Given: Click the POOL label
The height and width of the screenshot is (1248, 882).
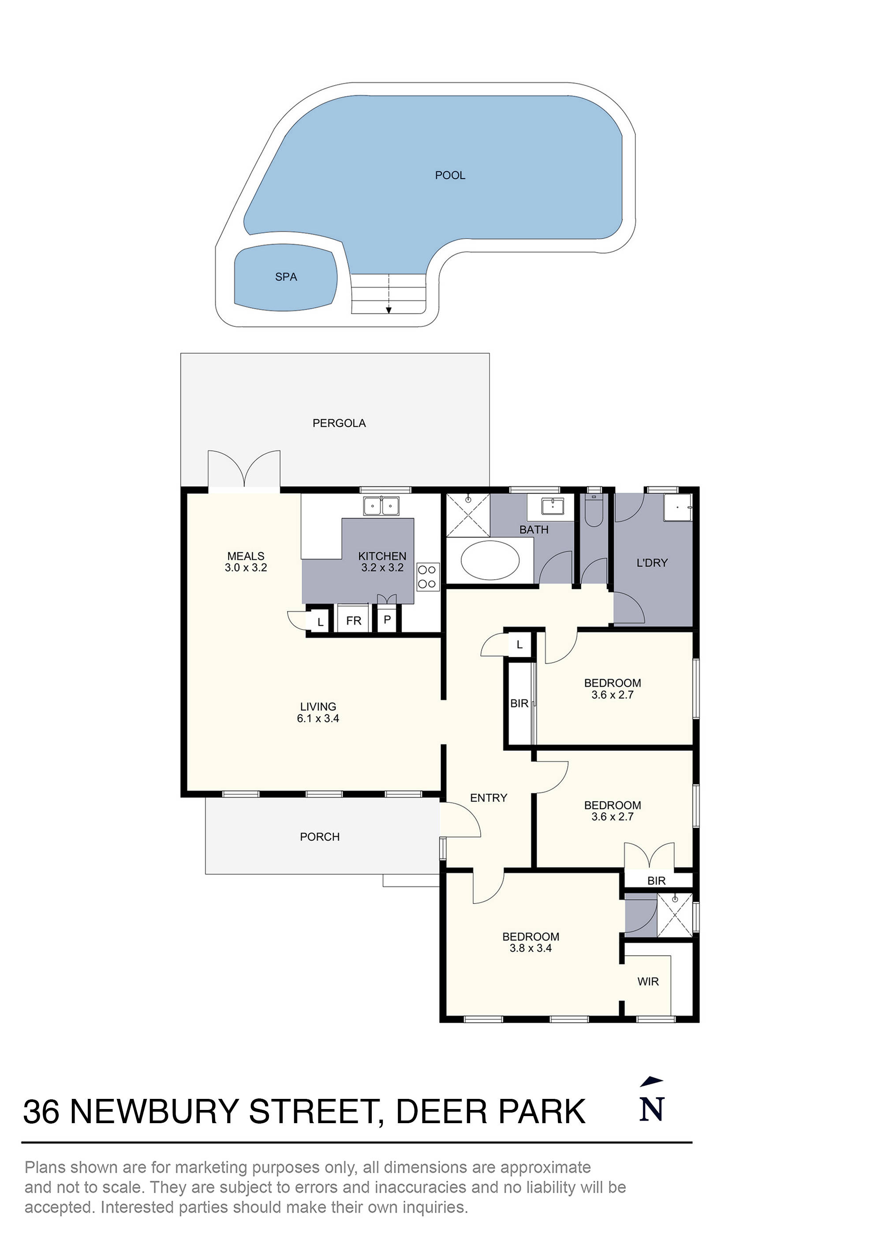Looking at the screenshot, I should pos(450,176).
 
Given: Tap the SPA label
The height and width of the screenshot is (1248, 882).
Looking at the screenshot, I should pos(286,277).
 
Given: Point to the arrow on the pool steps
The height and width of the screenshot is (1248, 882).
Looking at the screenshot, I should pos(389,310).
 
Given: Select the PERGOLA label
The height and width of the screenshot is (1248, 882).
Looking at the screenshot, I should pos(339,423).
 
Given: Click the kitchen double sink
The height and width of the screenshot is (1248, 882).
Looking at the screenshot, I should pos(381,506).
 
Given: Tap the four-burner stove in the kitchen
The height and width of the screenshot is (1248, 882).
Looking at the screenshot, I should pos(427,577).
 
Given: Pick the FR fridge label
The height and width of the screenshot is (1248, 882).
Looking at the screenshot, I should pos(354,621).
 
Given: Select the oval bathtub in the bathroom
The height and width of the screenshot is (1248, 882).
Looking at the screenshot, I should pos(490,560).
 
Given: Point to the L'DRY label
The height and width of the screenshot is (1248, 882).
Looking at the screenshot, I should pos(652,563).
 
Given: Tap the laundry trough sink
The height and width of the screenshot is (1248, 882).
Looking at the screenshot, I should pos(677,507).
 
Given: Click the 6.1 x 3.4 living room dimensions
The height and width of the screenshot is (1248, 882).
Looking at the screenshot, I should pos(318,719).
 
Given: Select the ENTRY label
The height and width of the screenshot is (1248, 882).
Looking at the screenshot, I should pos(489,798).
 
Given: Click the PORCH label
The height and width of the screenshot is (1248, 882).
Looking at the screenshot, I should pos(320,837).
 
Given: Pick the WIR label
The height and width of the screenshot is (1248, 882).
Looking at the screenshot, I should pos(648,982).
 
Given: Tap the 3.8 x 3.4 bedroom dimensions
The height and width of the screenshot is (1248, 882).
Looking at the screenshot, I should pos(531,948).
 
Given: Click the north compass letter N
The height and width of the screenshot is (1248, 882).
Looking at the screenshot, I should pos(652,1109).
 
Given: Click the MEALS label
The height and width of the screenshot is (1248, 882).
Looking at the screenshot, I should pos(246,556).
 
